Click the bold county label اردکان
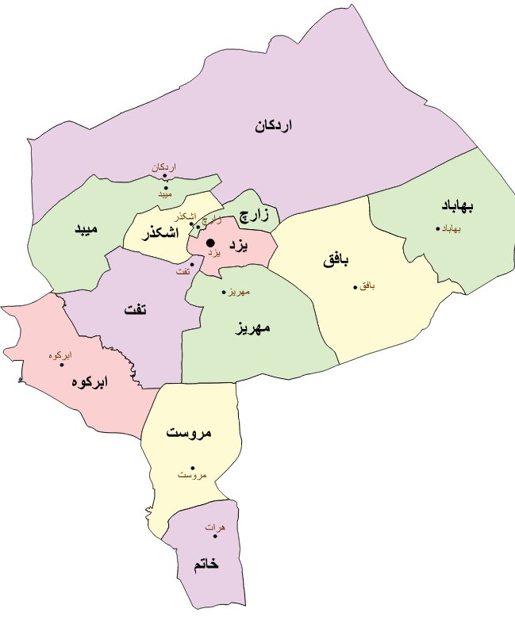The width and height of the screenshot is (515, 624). pyautogui.click(x=274, y=125)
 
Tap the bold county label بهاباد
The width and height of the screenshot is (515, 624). pyautogui.click(x=458, y=206)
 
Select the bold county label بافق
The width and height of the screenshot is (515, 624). pyautogui.click(x=336, y=260)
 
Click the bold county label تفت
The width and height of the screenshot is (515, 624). pyautogui.click(x=135, y=310)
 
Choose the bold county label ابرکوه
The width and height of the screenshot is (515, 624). pyautogui.click(x=89, y=381)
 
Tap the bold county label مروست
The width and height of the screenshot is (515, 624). pyautogui.click(x=190, y=433)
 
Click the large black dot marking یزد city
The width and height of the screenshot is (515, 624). pyautogui.click(x=210, y=243)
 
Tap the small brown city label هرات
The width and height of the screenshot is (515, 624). pyautogui.click(x=215, y=527)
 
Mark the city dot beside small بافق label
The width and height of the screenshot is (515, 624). pyautogui.click(x=355, y=287)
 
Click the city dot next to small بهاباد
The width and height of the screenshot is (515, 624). pyautogui.click(x=437, y=229)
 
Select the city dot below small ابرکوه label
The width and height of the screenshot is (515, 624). pyautogui.click(x=62, y=365)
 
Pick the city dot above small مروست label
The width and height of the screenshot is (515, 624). pyautogui.click(x=193, y=468)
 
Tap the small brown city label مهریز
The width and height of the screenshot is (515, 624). pyautogui.click(x=239, y=293)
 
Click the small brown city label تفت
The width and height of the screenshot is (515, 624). pyautogui.click(x=183, y=272)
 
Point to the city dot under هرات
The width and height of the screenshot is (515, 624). pyautogui.click(x=214, y=537)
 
